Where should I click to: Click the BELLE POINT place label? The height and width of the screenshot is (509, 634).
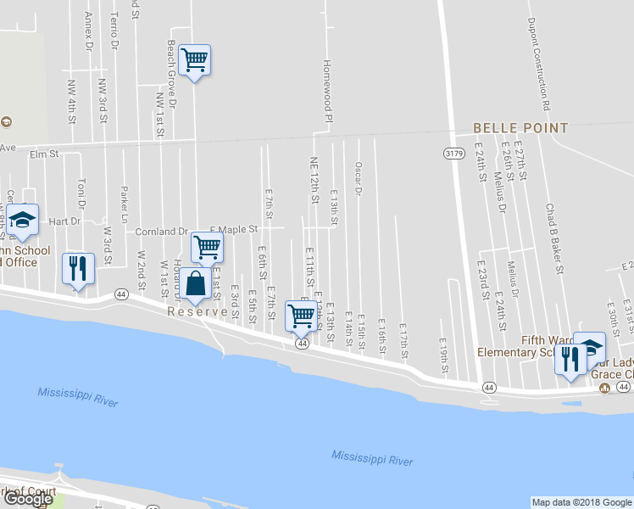(x=520, y=128)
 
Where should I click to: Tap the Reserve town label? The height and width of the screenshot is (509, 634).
(x=197, y=311)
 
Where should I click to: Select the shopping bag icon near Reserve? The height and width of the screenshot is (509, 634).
(x=195, y=284)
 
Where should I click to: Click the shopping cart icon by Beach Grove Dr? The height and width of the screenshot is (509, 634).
(x=195, y=60)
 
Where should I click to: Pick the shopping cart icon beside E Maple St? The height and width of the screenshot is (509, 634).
(x=207, y=248)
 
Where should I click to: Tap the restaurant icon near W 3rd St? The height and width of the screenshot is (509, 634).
(x=78, y=269)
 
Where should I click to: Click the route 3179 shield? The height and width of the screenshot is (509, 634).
(x=453, y=153)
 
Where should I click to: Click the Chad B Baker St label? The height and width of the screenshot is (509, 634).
(x=554, y=238)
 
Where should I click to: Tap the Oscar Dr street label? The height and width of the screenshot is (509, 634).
(x=359, y=179)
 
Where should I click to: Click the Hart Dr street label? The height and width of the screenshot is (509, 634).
(x=64, y=221)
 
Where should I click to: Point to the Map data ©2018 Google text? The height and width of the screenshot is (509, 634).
(x=581, y=502)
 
